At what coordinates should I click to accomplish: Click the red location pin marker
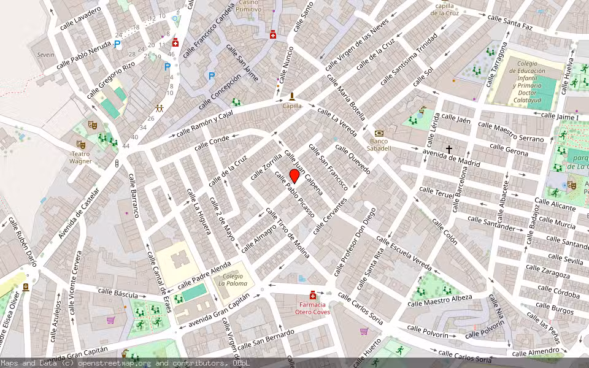(x=294, y=177)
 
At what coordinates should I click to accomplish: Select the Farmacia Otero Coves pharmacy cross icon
(x=313, y=295)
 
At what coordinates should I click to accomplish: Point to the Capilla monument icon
(x=292, y=96)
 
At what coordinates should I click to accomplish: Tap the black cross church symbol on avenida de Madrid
(x=449, y=149)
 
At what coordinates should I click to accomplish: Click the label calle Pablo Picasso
(x=295, y=194)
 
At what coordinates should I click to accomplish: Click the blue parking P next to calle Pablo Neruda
(x=117, y=44)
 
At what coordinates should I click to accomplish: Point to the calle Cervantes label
(x=330, y=216)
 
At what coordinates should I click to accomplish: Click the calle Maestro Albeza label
(x=440, y=300)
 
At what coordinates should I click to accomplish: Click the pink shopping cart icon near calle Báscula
(x=110, y=320)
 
